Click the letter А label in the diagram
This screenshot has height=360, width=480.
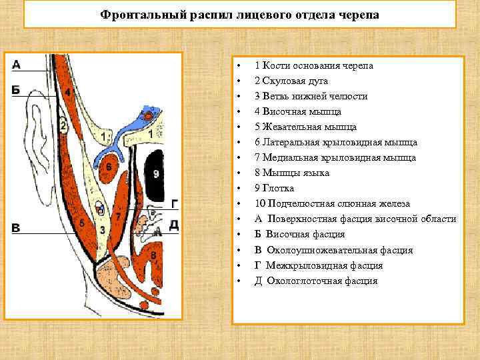pos(17,65)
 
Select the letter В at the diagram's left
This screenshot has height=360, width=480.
pos(17,228)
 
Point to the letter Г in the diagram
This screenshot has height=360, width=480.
pos(174,204)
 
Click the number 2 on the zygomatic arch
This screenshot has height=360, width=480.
pos(63,124)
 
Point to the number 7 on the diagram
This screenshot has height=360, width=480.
pos(118,217)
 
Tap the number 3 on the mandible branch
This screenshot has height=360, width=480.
pos(101,229)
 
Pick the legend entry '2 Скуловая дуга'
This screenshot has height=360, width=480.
pos(291,81)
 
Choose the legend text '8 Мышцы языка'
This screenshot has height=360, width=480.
pos(292,173)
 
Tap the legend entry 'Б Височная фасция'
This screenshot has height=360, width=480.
pos(299,234)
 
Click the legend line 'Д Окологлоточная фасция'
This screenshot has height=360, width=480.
pos(315,281)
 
